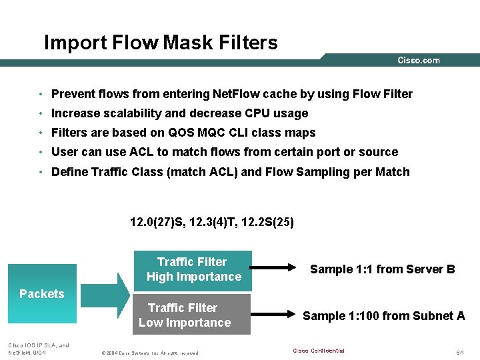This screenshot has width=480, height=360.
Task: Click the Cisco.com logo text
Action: [419, 61]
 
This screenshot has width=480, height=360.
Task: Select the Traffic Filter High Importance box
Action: [193, 269]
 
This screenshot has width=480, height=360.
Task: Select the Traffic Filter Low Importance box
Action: [192, 315]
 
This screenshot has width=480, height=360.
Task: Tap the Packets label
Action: [42, 294]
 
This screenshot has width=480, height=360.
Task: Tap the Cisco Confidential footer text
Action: [319, 351]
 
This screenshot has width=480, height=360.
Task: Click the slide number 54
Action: [460, 351]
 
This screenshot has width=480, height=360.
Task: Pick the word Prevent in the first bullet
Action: [73, 94]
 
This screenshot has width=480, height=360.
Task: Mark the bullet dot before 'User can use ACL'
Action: [41, 153]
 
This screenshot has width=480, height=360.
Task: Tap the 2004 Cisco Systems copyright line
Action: [149, 352]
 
